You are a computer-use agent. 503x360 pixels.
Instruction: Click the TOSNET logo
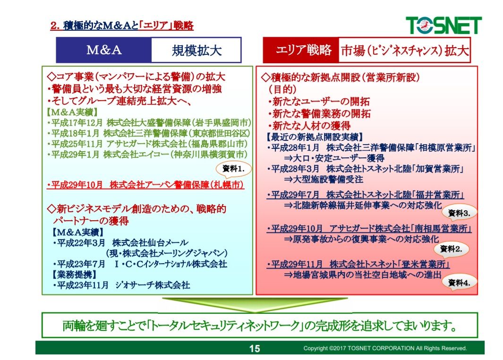click(x=443, y=25)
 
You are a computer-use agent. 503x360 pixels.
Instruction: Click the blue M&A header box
click(x=103, y=50)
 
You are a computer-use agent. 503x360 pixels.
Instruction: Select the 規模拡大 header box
click(x=196, y=50)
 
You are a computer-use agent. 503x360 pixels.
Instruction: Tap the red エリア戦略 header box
click(x=301, y=50)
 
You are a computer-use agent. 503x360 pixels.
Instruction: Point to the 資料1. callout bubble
click(x=233, y=169)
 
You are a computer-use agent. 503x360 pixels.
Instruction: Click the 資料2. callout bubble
click(x=451, y=249)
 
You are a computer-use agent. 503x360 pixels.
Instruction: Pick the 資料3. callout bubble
click(x=459, y=213)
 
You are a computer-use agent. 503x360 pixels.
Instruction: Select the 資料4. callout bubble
click(x=459, y=283)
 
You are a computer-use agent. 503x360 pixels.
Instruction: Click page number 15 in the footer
click(x=255, y=349)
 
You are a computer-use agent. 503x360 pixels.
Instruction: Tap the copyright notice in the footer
click(x=385, y=348)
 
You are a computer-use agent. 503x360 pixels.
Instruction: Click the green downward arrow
click(x=255, y=305)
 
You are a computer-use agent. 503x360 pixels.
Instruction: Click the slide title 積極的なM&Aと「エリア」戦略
click(x=122, y=26)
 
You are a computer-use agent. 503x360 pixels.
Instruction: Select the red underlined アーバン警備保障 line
click(x=145, y=185)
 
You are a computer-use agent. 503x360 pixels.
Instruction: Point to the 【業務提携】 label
click(x=74, y=274)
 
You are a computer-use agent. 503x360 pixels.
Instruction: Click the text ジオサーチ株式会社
click(x=153, y=285)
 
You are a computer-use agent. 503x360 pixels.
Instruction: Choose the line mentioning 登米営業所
click(x=358, y=264)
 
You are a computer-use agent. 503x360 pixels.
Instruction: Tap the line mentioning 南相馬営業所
click(x=369, y=229)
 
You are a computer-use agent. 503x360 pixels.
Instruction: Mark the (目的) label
click(x=282, y=89)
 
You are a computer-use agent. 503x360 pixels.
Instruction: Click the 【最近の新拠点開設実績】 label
click(x=314, y=137)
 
